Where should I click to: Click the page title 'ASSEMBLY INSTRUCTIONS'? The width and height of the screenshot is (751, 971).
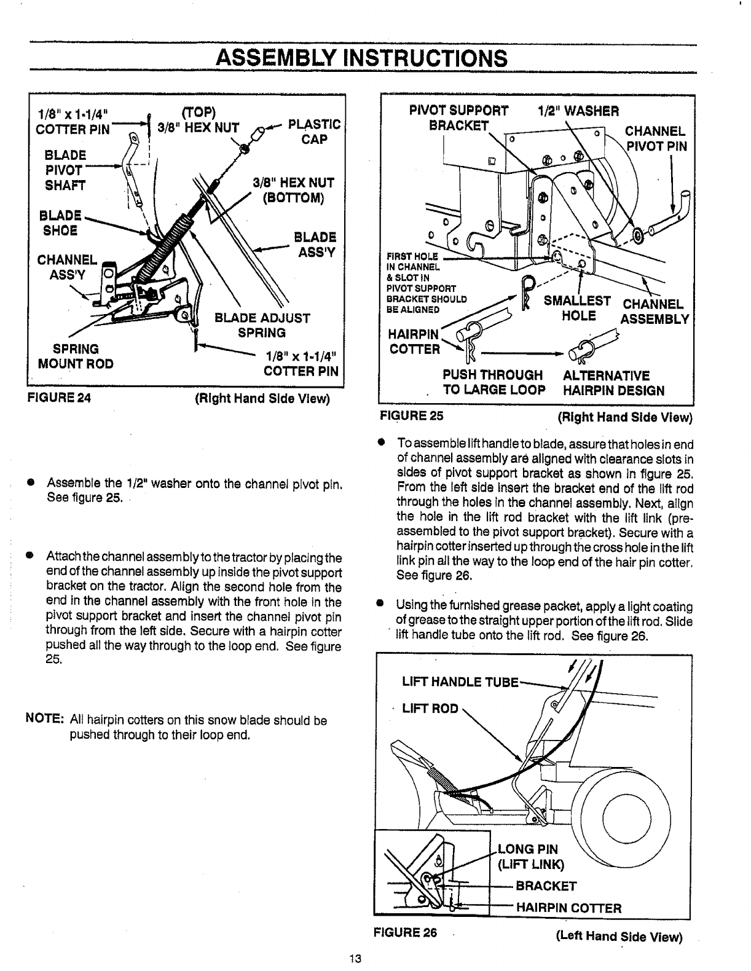click(361, 58)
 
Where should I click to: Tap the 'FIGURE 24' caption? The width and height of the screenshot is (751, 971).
click(58, 398)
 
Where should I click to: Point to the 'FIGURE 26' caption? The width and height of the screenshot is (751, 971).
click(405, 932)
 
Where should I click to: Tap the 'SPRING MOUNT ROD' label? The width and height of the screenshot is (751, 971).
click(76, 356)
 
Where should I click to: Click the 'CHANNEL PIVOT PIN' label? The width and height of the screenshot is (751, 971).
click(656, 139)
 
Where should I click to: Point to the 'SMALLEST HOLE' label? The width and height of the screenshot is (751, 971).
click(578, 309)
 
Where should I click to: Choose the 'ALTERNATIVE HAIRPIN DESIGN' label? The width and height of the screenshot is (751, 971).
click(613, 383)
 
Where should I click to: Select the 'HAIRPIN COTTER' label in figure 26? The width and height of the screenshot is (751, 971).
click(568, 908)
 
